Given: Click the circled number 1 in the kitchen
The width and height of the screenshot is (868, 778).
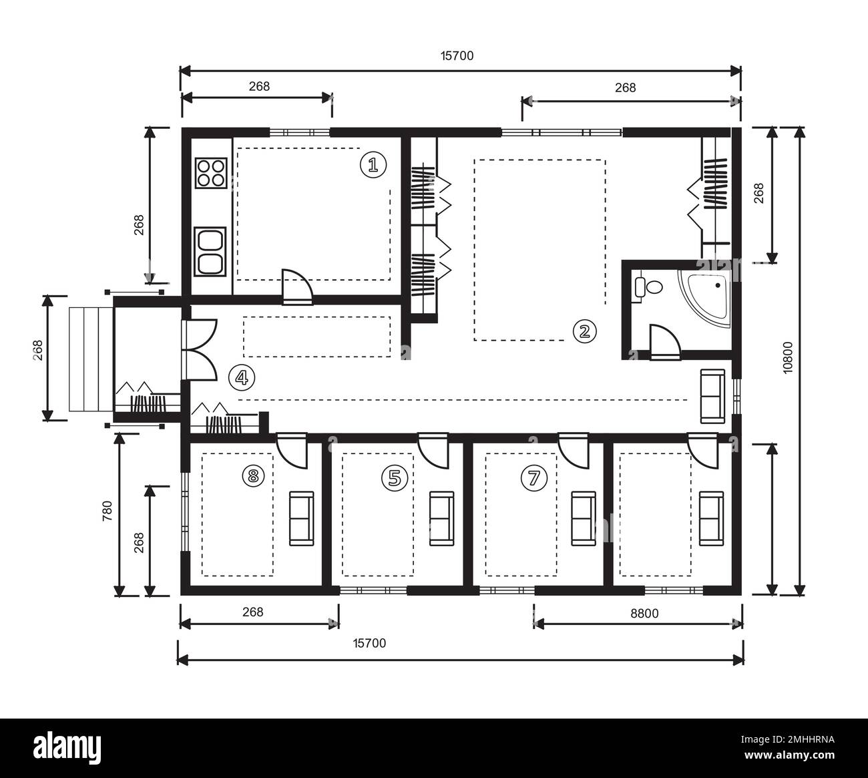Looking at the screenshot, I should [373, 164].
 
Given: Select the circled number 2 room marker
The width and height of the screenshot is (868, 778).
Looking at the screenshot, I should [584, 331].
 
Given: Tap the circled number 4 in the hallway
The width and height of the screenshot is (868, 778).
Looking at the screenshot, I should [241, 378].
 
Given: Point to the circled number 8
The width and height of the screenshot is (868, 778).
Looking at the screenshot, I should [252, 476].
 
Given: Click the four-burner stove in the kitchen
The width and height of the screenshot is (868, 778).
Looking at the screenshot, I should [210, 172].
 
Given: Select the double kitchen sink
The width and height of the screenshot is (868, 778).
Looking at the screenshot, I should [210, 251].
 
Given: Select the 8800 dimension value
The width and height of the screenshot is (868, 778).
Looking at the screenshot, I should [644, 612].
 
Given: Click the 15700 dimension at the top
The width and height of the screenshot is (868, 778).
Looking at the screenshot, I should [457, 56].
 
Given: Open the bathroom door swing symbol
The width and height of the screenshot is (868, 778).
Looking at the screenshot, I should [664, 342].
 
